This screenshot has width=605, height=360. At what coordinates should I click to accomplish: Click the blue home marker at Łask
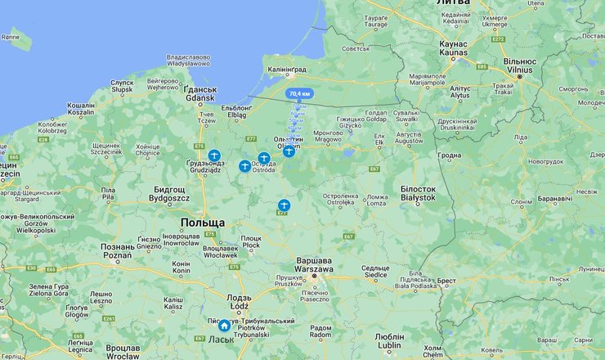[x=224, y=326]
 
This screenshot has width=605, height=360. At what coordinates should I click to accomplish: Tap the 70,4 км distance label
[x=298, y=93]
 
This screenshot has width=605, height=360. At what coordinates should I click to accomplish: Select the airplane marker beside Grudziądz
[x=214, y=155]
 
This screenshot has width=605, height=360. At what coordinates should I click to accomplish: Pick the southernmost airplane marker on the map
[x=284, y=205]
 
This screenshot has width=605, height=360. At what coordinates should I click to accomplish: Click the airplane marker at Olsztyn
[x=289, y=151]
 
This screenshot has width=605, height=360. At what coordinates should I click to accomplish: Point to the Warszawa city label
[x=314, y=264]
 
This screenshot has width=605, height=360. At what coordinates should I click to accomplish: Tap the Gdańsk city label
[x=199, y=94]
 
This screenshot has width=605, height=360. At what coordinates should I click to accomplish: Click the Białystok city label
[x=418, y=193]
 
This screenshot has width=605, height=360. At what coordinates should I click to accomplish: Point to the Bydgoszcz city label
[x=171, y=194]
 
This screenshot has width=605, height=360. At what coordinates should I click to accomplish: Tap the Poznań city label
[x=117, y=250]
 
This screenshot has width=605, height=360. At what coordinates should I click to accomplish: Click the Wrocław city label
[x=123, y=352]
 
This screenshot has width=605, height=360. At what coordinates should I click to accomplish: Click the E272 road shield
[x=498, y=38]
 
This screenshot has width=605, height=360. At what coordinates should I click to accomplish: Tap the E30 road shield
[x=31, y=268]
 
